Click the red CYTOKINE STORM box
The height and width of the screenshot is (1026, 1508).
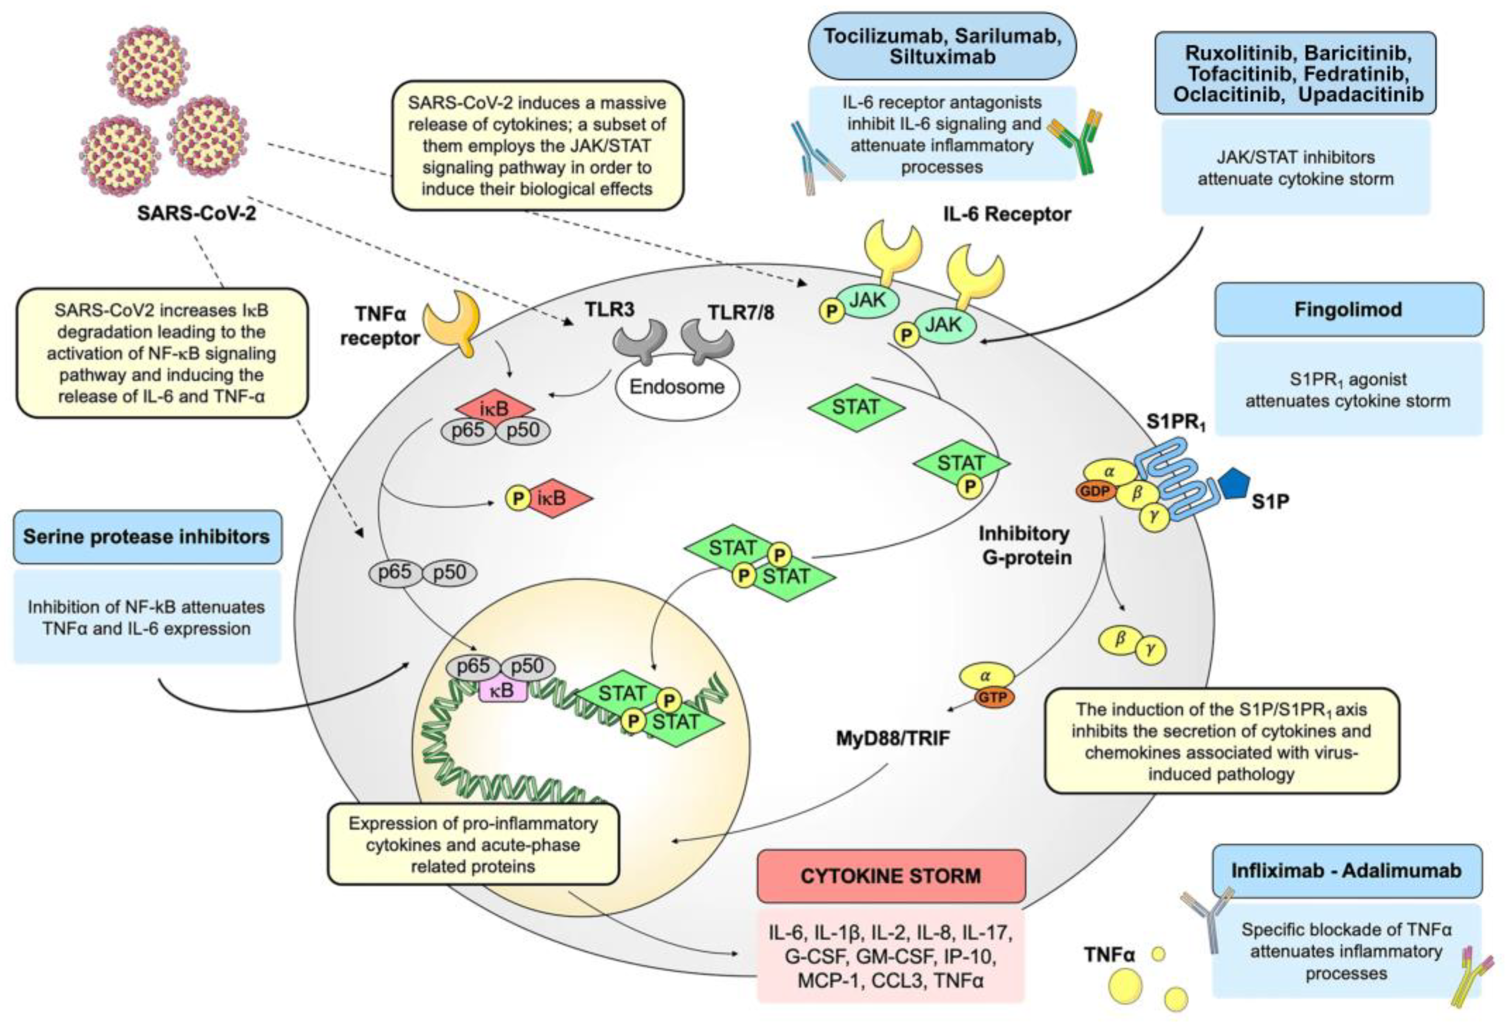(x=890, y=876)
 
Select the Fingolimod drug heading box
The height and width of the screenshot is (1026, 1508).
(x=1348, y=310)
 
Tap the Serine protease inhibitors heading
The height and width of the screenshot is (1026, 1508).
(x=147, y=536)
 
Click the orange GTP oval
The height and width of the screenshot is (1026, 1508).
(x=993, y=698)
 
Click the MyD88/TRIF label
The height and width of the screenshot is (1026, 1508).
(x=893, y=738)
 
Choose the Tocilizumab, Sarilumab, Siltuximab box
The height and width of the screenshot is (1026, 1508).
(x=942, y=46)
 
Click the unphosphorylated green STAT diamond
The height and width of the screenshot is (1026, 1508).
(x=856, y=407)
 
